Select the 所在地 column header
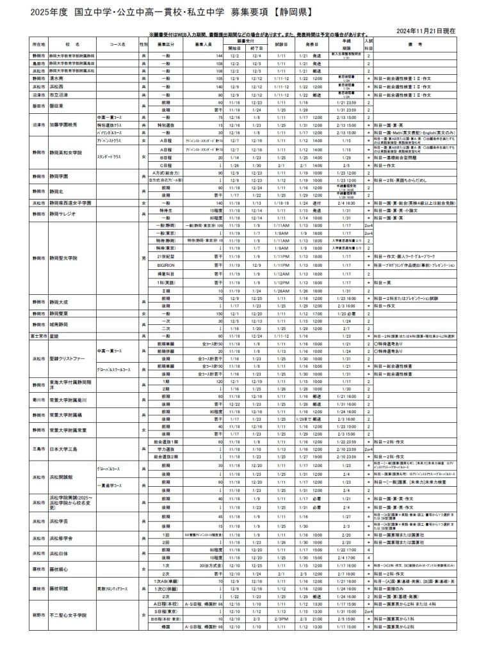(x=38, y=44)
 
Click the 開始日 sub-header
(x=234, y=48)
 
